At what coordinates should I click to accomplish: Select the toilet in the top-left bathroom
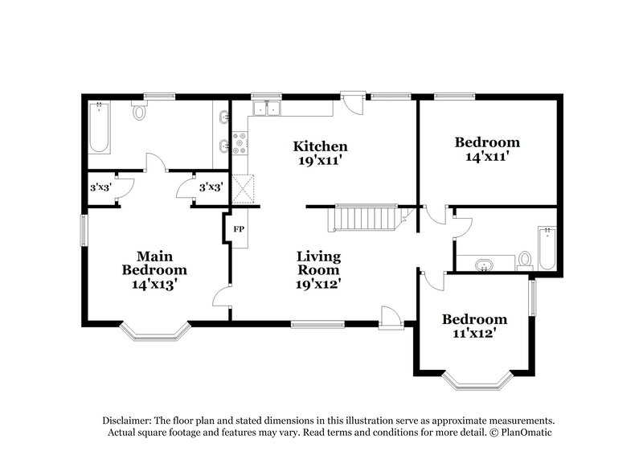tap(139, 111)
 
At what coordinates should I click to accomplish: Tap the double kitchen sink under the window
tap(266, 109)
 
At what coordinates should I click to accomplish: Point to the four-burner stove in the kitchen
tap(240, 143)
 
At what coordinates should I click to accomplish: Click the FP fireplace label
tap(239, 229)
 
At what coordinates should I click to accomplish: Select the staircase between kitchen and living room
tap(366, 217)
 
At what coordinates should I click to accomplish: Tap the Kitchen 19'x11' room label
tap(320, 153)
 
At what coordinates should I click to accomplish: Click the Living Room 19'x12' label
tap(319, 270)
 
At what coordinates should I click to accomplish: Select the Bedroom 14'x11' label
tap(487, 150)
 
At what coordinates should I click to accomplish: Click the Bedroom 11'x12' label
tap(474, 326)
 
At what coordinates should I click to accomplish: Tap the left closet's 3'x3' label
tap(100, 187)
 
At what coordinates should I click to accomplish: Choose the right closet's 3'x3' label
tap(211, 187)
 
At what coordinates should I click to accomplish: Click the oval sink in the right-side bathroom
tap(485, 264)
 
